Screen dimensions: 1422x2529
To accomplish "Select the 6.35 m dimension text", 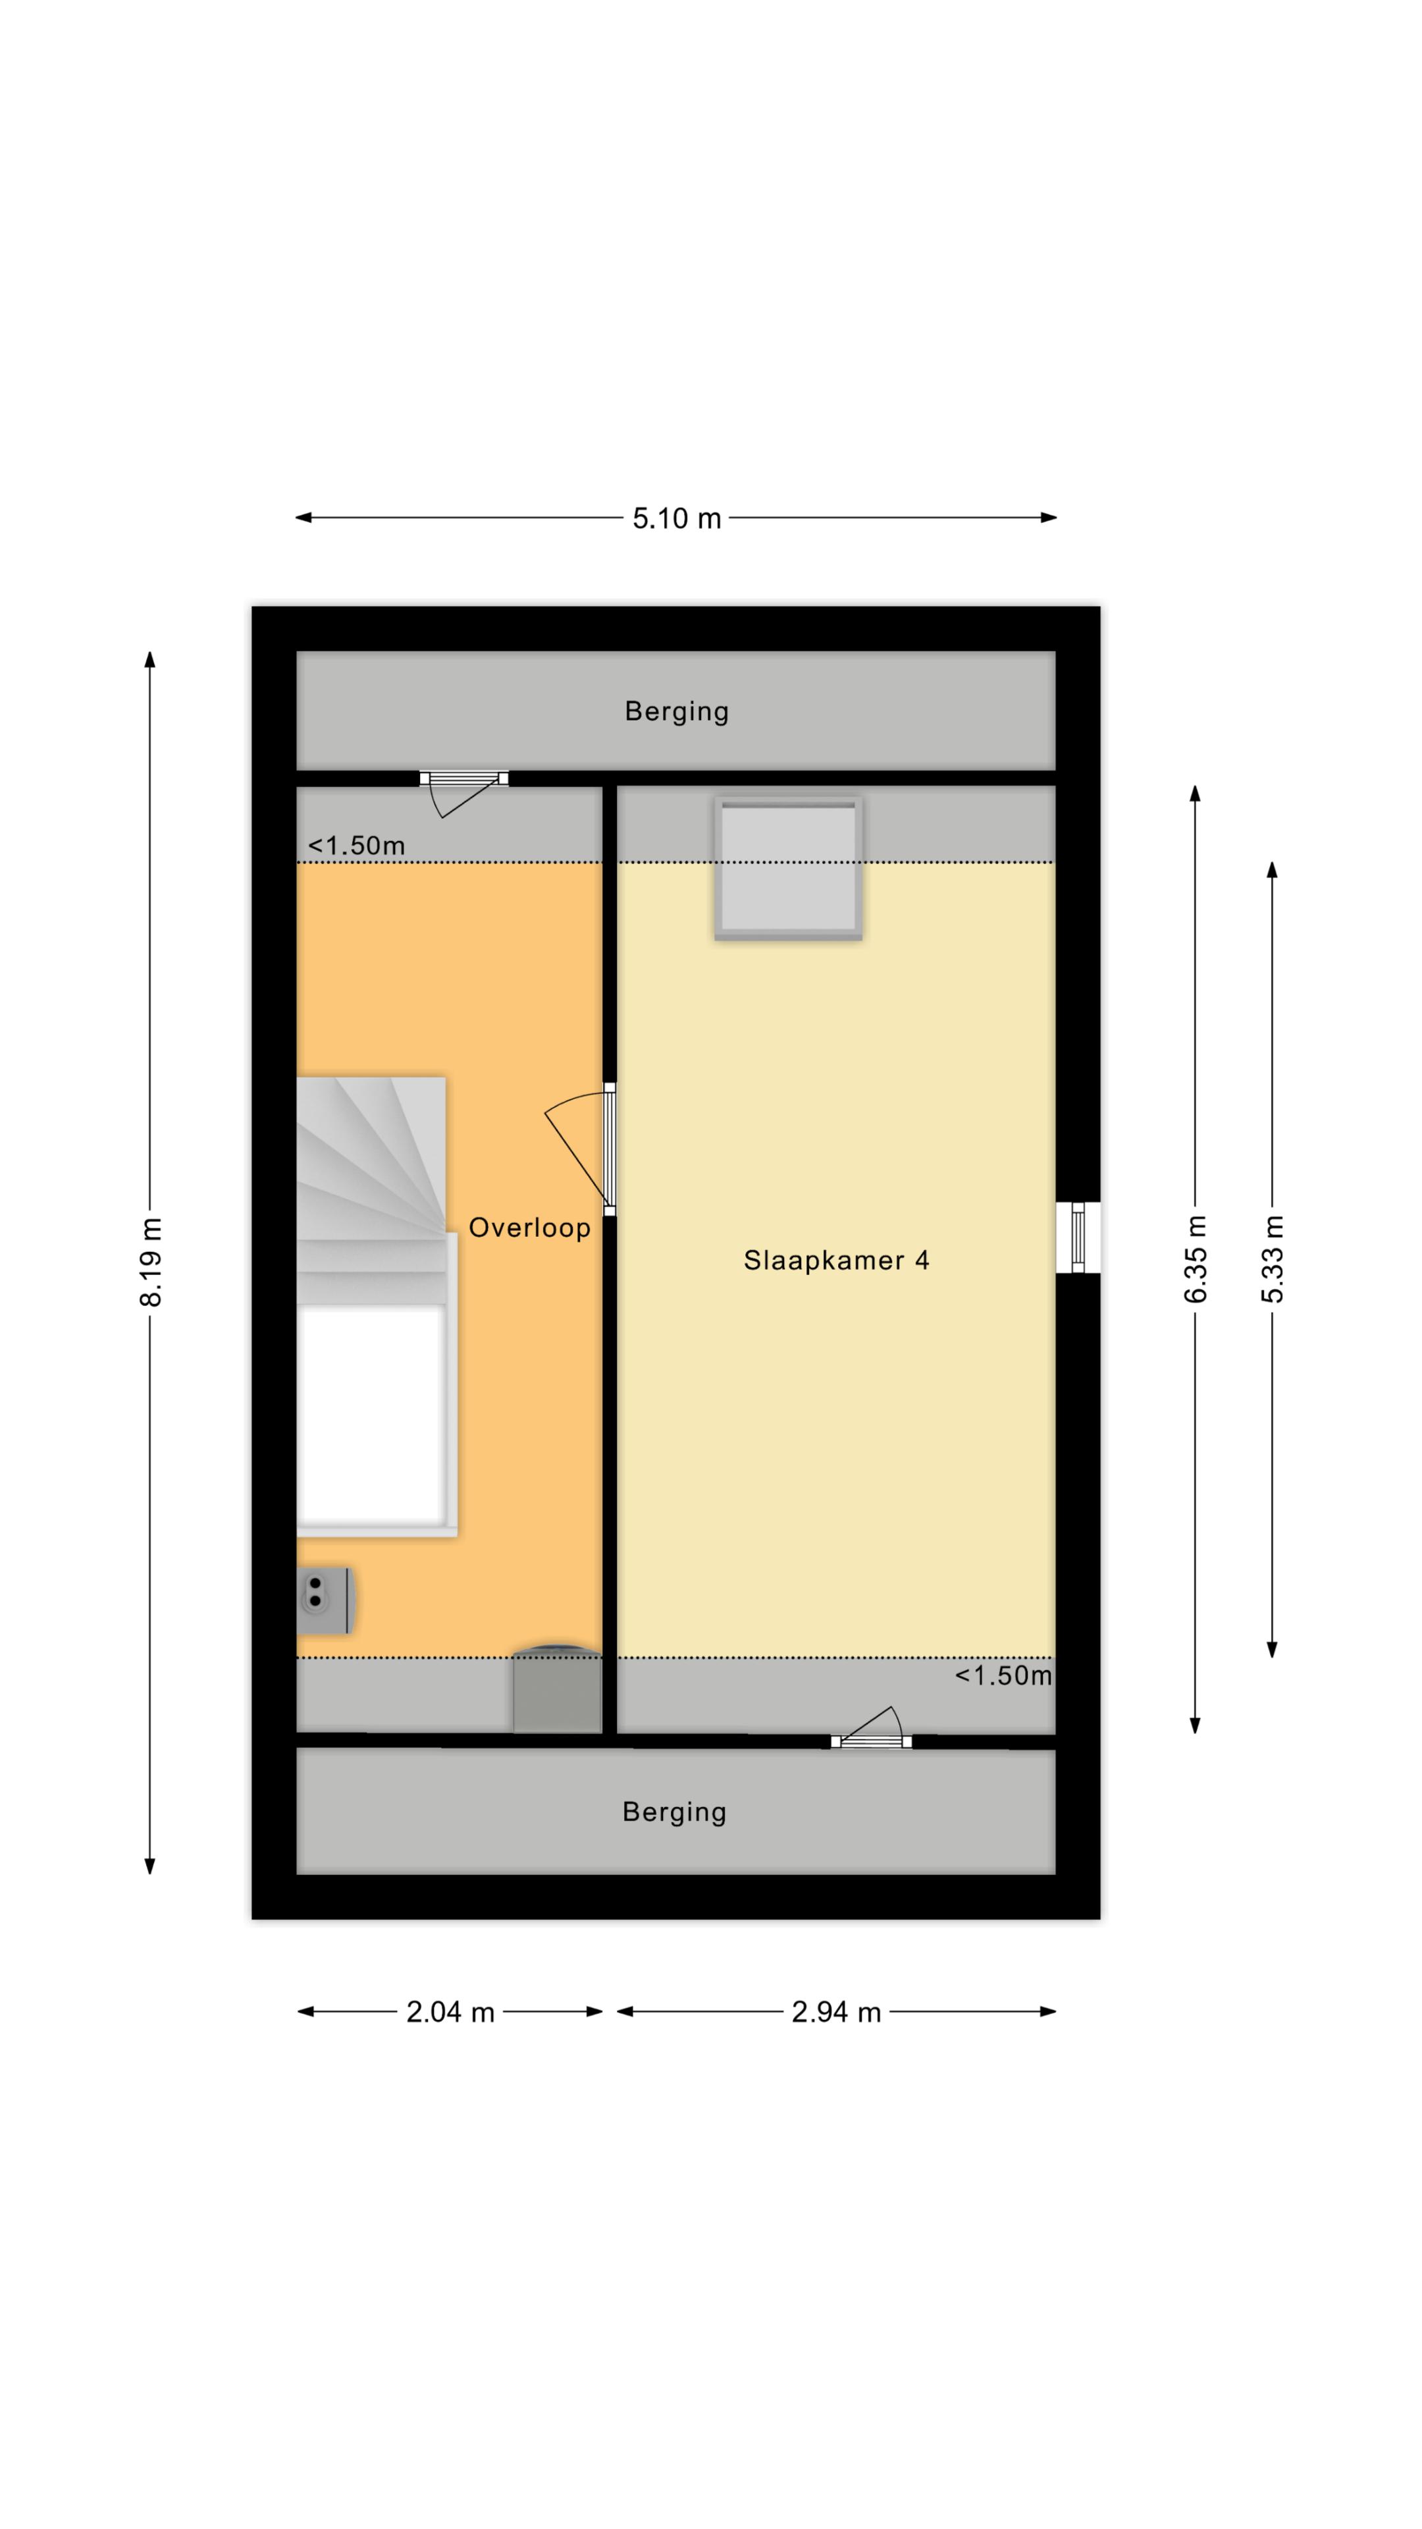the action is point(1196,1260).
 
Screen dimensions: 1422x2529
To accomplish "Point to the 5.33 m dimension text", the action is point(1273,1260).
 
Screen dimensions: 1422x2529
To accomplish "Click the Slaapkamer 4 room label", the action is point(836,1260).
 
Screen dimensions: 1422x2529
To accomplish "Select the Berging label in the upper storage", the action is point(677,712).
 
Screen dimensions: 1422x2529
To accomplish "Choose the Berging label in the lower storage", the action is point(675,1812).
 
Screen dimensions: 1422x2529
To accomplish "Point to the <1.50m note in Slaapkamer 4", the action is point(1003,1675).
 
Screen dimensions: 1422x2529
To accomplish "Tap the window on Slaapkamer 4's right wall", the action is point(1078,1237).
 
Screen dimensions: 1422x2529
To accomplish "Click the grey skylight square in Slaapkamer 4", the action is point(788,868).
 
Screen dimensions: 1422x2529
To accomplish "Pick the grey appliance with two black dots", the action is point(324,1600).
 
